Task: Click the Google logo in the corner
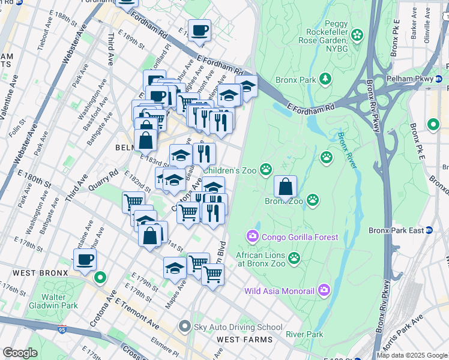point(20,353)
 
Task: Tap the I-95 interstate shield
point(63,329)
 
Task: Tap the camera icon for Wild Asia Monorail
point(324,291)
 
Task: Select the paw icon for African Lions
point(294,258)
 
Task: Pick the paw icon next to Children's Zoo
point(265,170)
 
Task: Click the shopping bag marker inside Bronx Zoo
point(286,187)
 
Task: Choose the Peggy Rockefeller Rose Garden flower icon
point(358,35)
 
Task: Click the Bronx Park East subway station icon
point(430,230)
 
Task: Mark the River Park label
point(304,334)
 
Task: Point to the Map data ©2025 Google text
point(412,355)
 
